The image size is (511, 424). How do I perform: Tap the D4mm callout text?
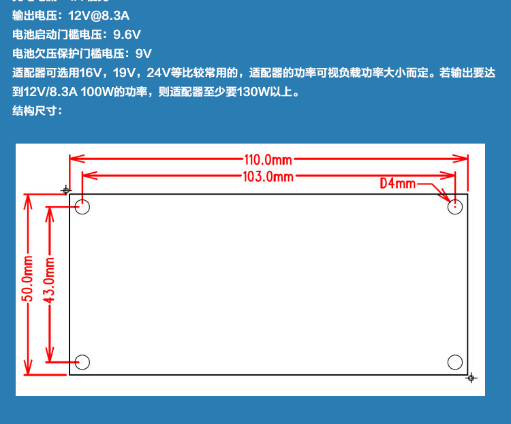[x=397, y=183]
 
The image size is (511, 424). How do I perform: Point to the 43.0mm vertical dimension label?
[x=49, y=280]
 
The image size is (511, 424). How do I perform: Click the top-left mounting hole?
[x=82, y=207]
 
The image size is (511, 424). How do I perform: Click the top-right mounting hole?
[x=455, y=207]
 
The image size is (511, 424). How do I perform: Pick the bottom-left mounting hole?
[x=82, y=362]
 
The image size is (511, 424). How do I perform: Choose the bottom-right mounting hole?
[x=455, y=362]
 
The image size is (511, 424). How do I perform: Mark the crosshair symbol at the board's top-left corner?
[x=66, y=190]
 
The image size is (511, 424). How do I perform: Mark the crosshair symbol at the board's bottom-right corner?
[x=471, y=378]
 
